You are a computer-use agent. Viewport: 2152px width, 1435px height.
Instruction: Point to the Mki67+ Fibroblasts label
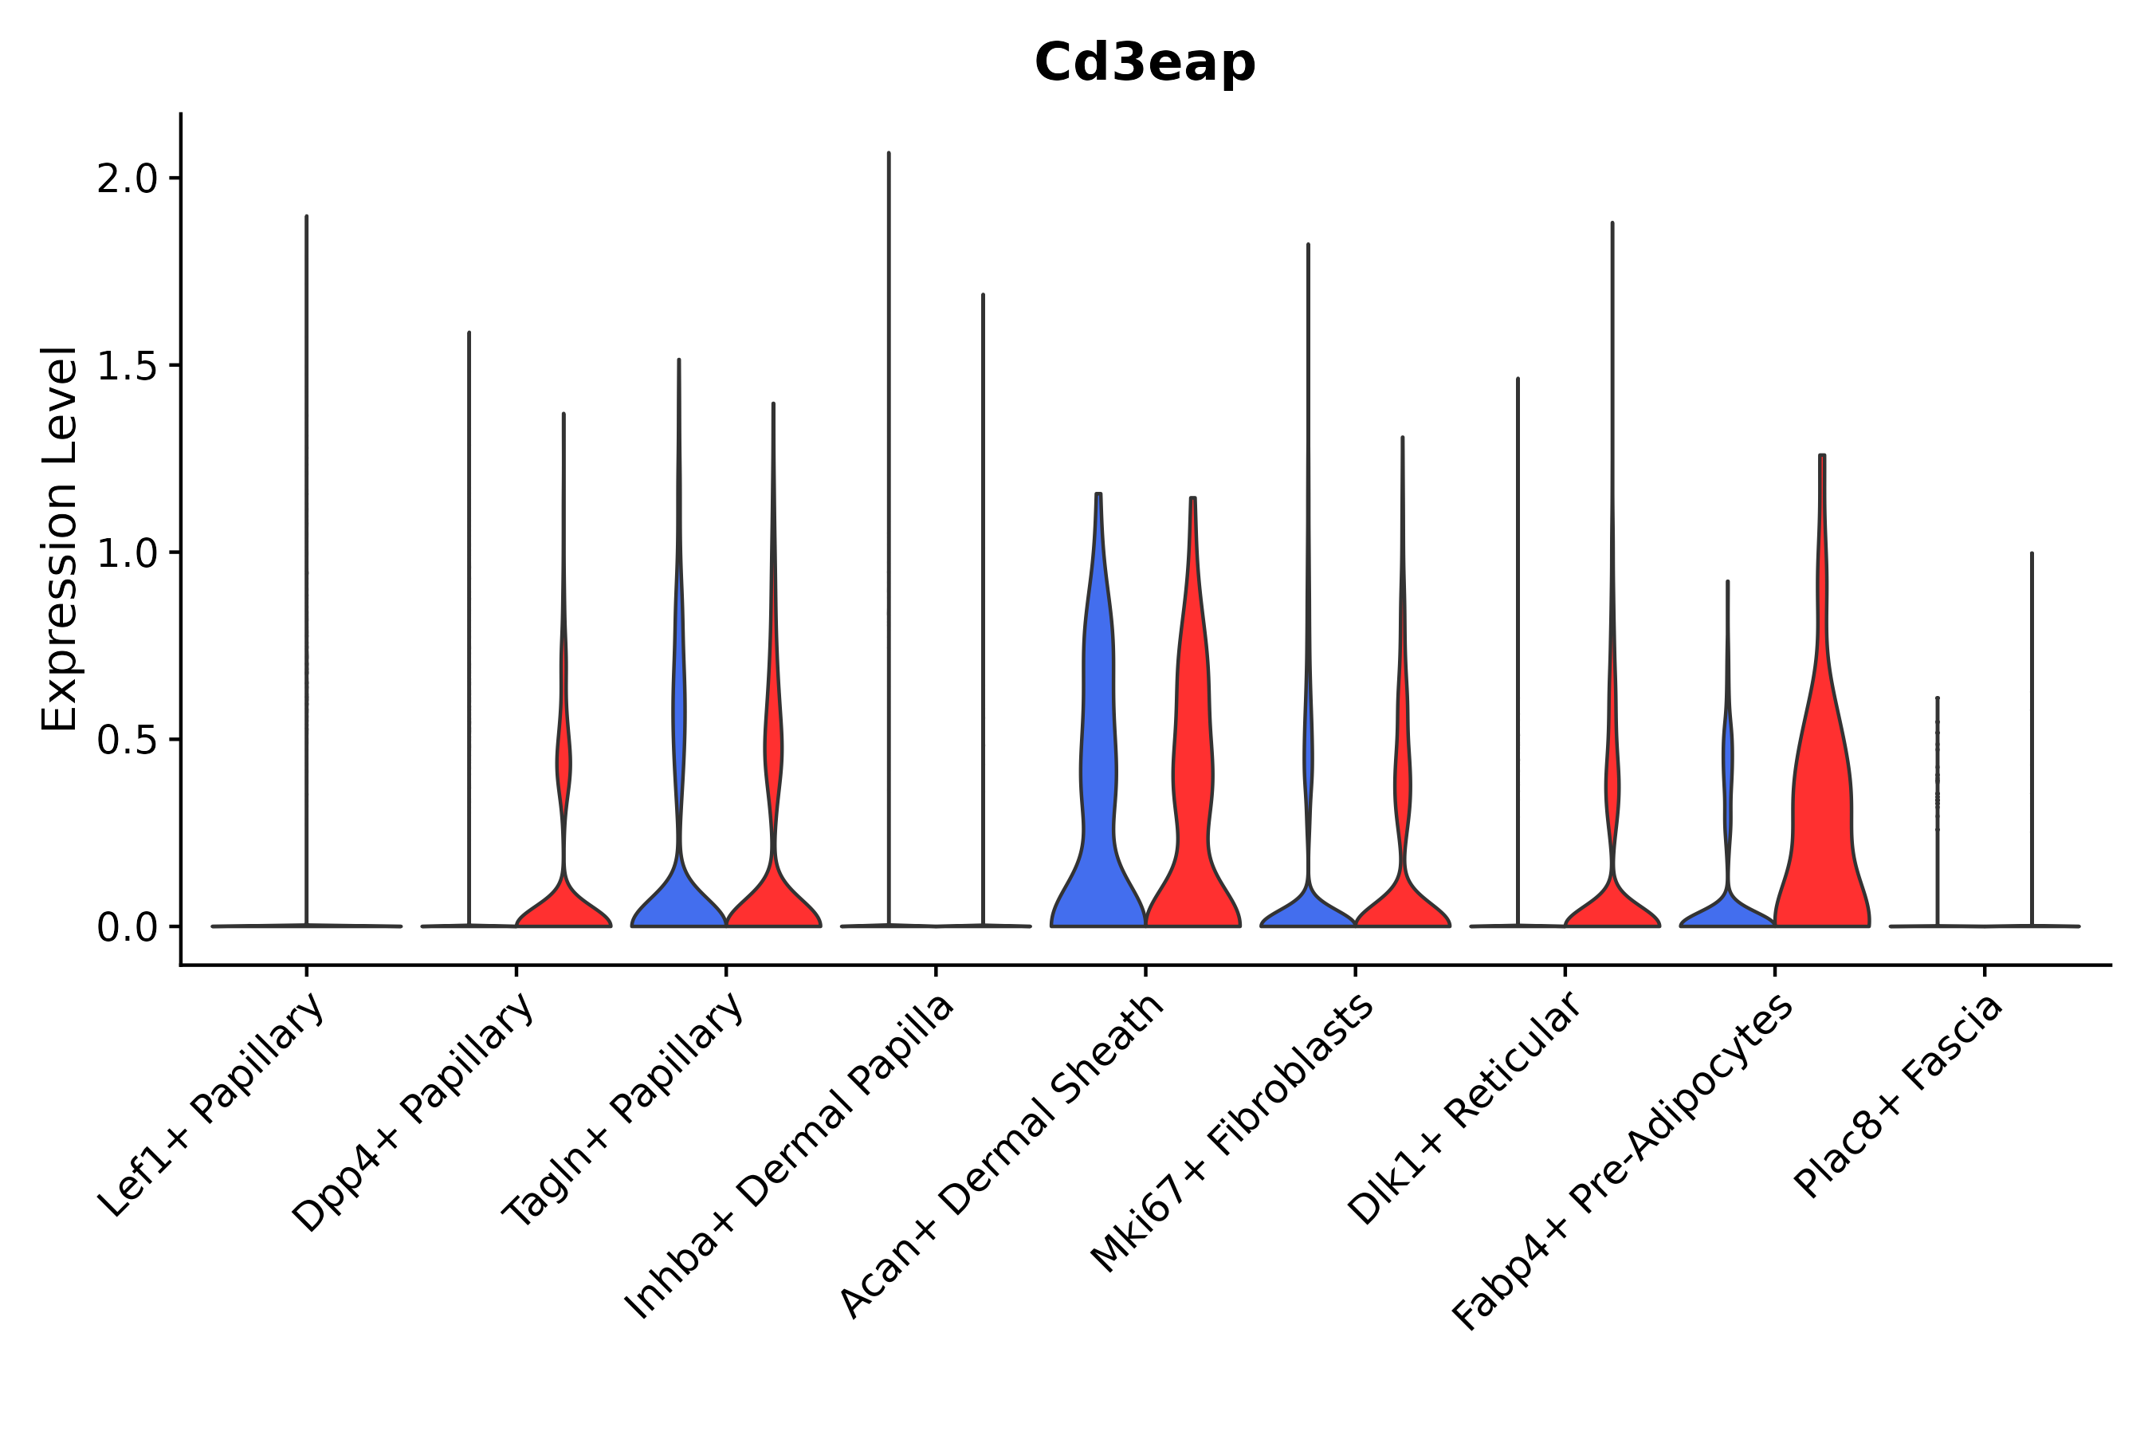[x=1232, y=1133]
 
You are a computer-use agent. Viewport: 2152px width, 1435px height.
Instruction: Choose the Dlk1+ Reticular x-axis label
[x=1465, y=1108]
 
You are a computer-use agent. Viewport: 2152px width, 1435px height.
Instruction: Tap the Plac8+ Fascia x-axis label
[x=1899, y=1095]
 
